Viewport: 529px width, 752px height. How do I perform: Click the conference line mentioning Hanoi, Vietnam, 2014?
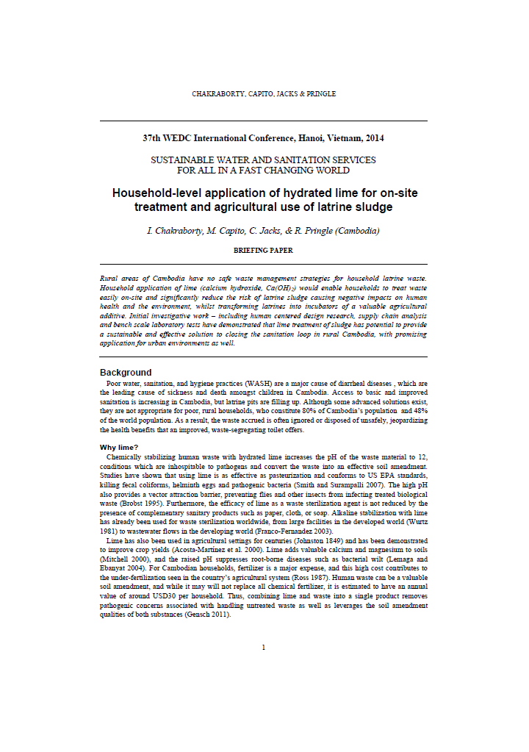coord(263,137)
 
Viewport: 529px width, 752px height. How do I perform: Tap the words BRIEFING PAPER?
coord(263,250)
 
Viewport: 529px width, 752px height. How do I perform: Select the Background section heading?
coord(126,372)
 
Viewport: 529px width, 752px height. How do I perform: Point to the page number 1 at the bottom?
coord(263,647)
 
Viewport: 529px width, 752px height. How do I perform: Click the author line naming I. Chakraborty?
coord(263,230)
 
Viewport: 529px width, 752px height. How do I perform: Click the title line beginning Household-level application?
coord(263,193)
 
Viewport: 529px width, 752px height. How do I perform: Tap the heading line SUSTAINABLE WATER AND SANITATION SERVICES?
coord(263,160)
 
